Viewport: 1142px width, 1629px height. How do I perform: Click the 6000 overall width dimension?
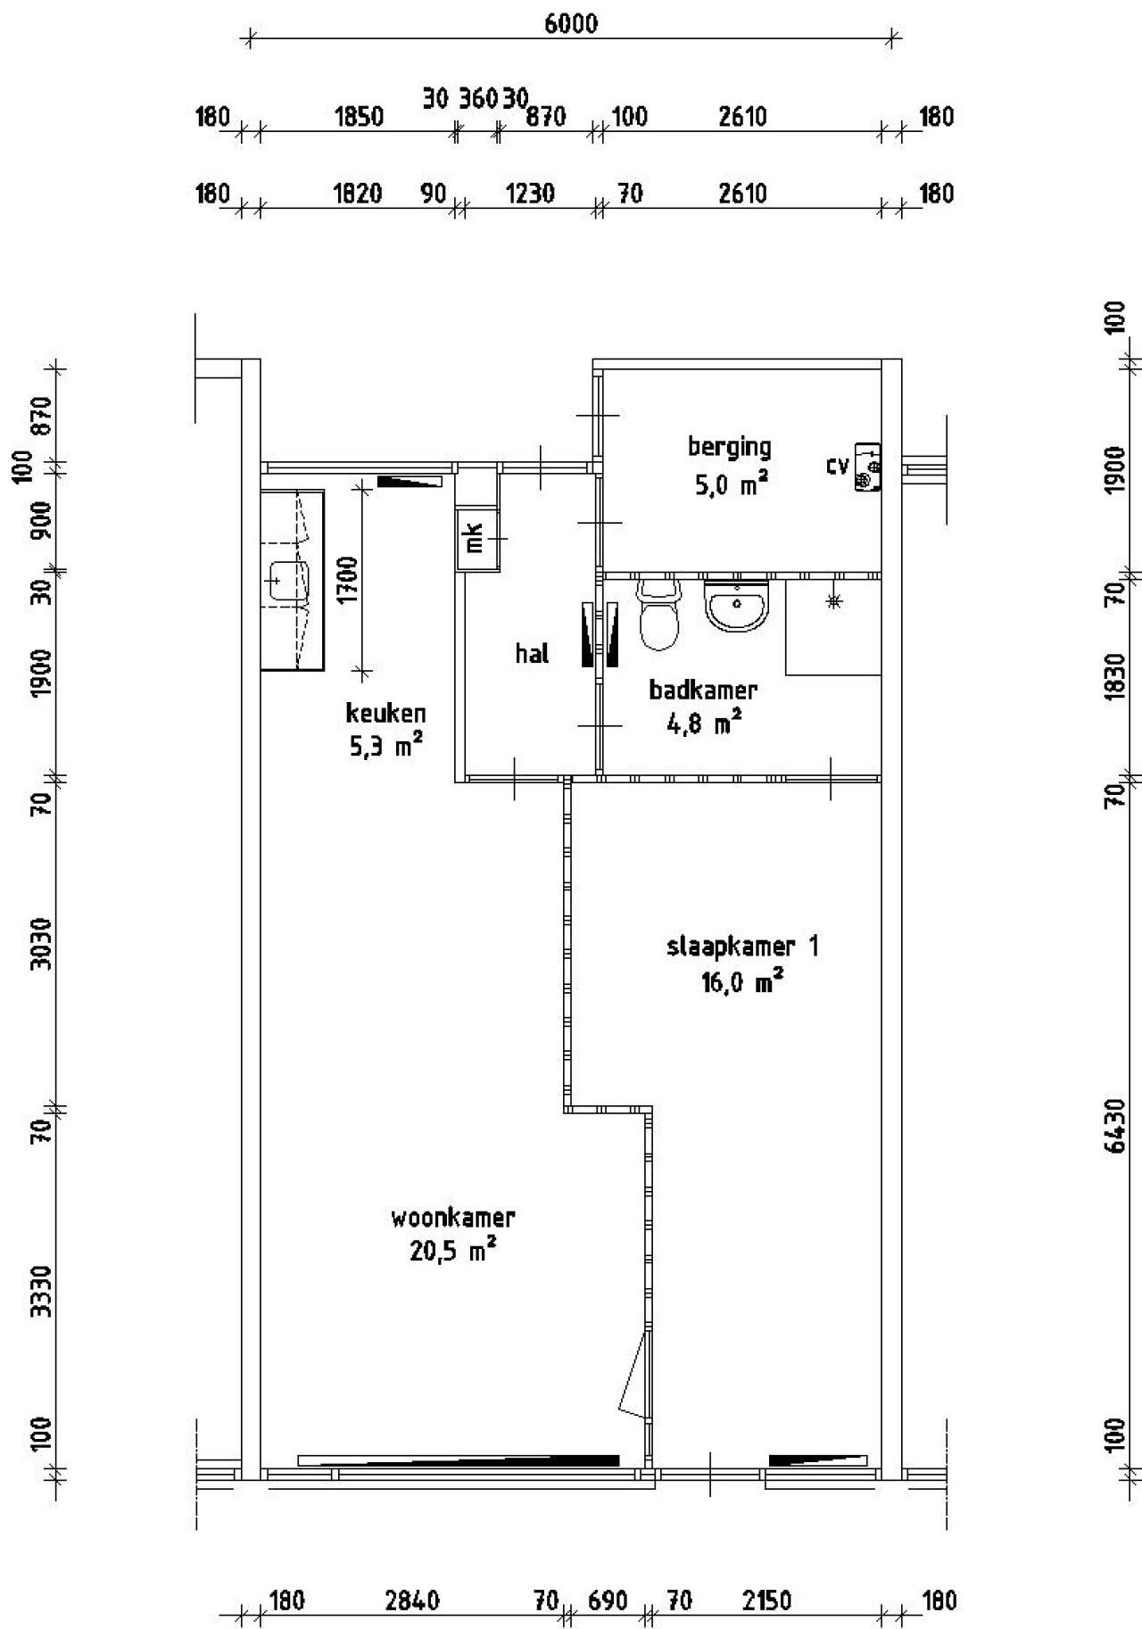point(571,24)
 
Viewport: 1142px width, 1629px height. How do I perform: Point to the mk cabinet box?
point(473,539)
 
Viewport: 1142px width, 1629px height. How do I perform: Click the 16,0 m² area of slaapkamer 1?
point(742,984)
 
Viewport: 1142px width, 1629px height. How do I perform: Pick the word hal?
point(532,654)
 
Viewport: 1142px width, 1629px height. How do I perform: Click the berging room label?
point(729,446)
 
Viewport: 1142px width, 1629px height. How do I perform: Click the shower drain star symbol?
point(834,602)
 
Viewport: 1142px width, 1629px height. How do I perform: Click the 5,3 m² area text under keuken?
point(385,747)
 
